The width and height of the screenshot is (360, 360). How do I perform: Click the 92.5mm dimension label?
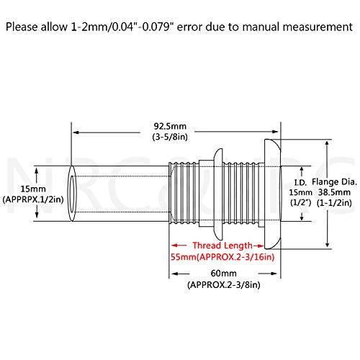click(170, 126)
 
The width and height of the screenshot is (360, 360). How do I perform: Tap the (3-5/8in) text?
click(170, 137)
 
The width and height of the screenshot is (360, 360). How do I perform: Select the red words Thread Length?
click(222, 246)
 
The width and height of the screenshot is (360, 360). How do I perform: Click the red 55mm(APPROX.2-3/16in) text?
click(222, 257)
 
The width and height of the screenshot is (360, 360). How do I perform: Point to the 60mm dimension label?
click(224, 274)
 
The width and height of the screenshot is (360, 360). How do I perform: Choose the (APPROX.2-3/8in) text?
click(224, 285)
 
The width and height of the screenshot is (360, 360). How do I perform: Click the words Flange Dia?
click(334, 182)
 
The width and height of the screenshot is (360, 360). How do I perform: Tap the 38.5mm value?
click(334, 192)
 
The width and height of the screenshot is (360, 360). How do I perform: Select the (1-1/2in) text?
click(334, 203)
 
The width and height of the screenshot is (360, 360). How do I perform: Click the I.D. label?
click(300, 183)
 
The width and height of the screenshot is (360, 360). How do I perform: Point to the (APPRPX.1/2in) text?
click(33, 199)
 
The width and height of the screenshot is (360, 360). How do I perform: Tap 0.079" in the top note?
click(158, 27)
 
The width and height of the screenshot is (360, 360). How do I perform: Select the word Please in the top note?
click(22, 27)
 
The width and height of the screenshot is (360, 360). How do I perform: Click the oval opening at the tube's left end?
click(72, 194)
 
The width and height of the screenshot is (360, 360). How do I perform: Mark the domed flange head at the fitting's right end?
click(272, 194)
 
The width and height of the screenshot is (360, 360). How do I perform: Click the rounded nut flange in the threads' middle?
click(218, 194)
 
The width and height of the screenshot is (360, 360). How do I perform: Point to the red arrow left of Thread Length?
click(179, 246)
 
